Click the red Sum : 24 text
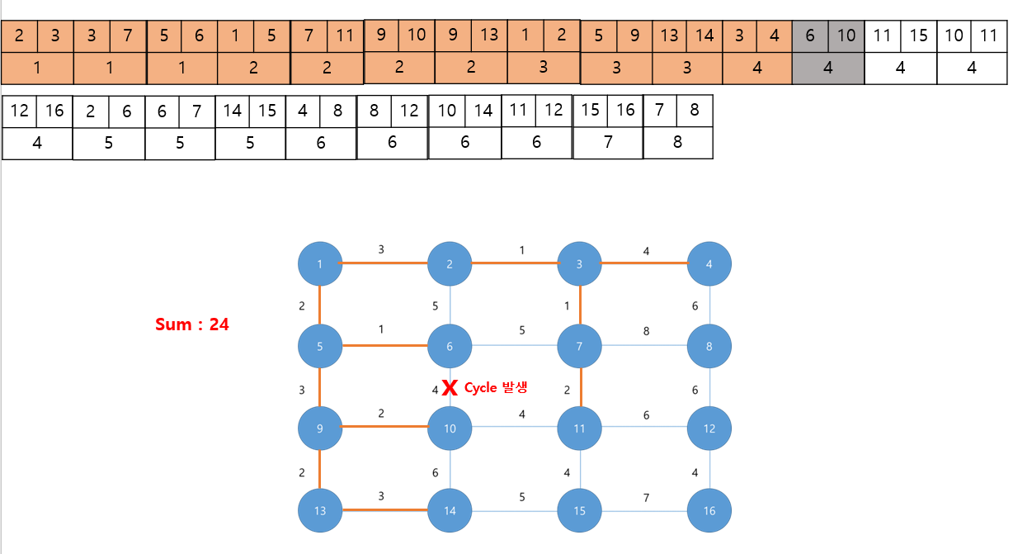[191, 324]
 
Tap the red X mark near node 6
[450, 387]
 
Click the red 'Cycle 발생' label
[495, 387]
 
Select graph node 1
[319, 264]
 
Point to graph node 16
[709, 510]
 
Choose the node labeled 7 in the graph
[579, 347]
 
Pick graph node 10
[450, 429]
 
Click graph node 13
[319, 510]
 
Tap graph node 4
[709, 264]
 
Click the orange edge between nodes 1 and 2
[384, 264]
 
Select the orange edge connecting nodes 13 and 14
[384, 510]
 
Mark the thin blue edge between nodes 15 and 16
[644, 511]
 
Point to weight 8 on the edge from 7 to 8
[646, 331]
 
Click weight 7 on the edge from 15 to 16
[646, 498]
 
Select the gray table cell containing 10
[846, 36]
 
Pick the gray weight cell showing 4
[828, 69]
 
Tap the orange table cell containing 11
[345, 36]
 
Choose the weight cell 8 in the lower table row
[678, 142]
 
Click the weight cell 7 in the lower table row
[608, 142]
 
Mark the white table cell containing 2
[91, 111]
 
